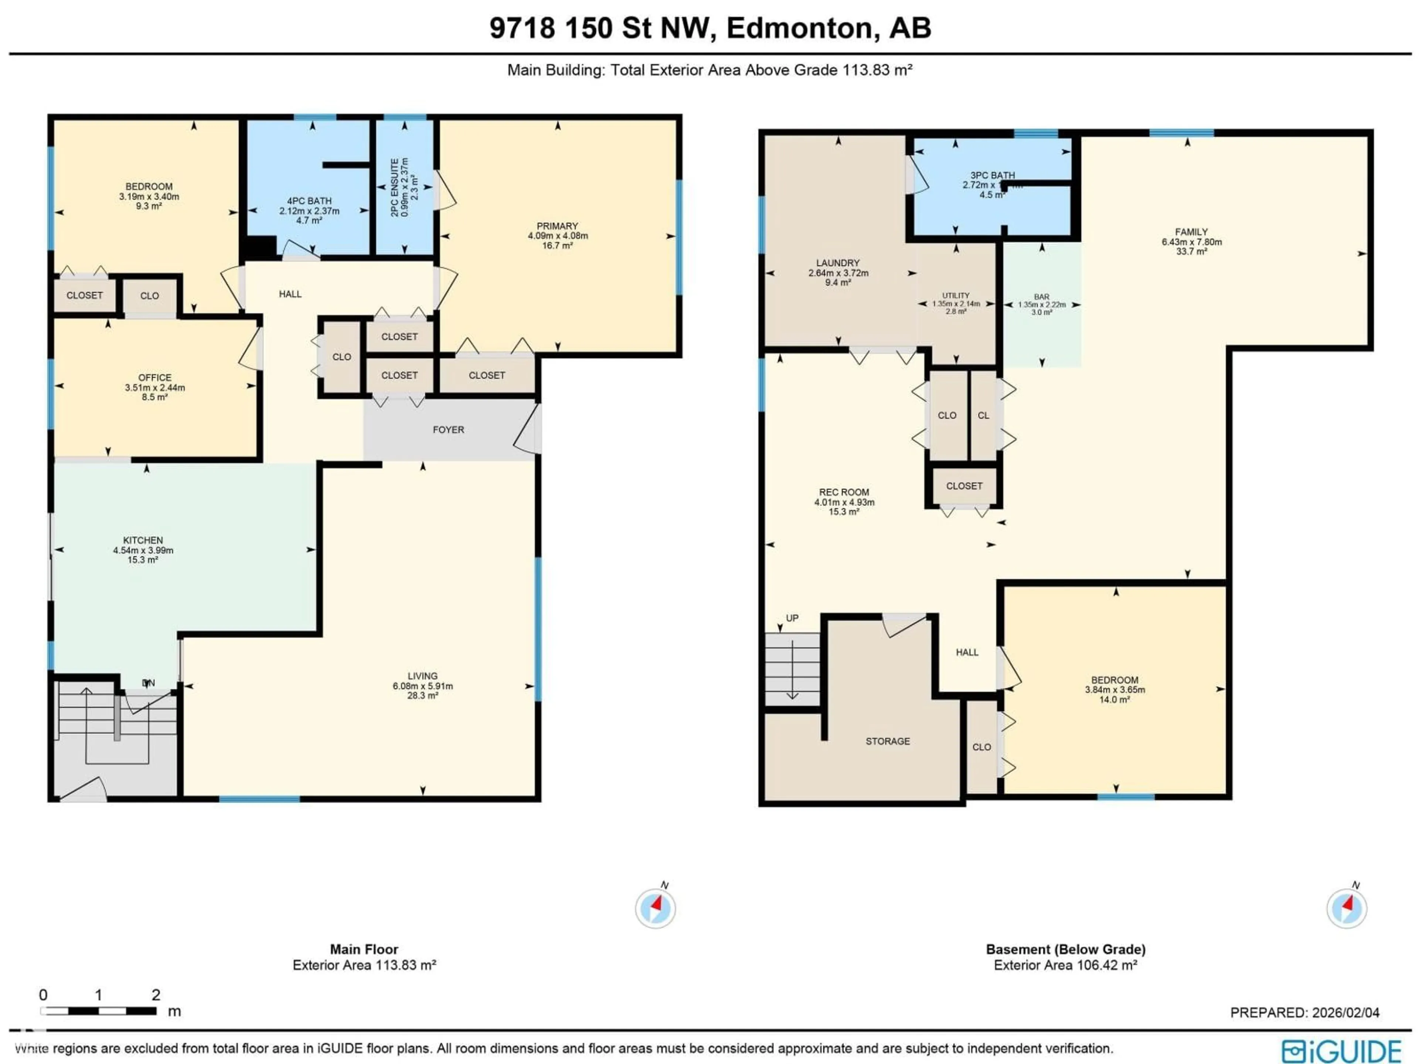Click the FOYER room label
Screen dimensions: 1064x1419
[448, 430]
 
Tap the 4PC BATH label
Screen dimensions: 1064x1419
[309, 201]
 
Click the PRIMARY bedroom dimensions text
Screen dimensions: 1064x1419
[558, 235]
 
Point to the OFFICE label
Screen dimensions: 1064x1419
[154, 378]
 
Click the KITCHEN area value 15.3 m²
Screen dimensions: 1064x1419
[142, 560]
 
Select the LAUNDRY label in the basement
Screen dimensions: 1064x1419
[838, 263]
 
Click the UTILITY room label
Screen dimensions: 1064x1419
[956, 296]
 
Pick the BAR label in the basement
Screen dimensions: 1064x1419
[1042, 297]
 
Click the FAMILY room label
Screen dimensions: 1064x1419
[1191, 232]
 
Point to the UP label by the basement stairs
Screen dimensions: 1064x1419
[792, 618]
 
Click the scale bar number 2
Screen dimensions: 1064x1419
[156, 995]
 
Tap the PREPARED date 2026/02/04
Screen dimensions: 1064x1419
[1345, 1013]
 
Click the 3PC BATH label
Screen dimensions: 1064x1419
[993, 175]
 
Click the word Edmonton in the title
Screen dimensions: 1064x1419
[799, 28]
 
